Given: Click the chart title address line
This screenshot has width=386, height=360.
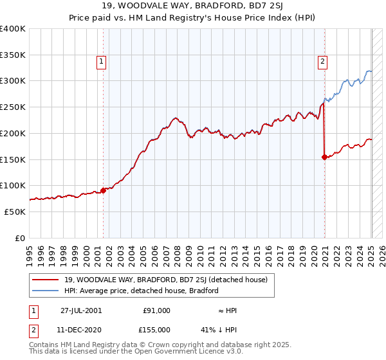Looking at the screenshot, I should [192, 7].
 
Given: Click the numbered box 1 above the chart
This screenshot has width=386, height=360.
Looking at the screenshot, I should [102, 62].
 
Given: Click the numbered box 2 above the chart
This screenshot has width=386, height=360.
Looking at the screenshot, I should [322, 62].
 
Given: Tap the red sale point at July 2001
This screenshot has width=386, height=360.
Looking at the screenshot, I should [103, 190].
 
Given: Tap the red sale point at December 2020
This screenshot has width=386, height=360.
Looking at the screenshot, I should [324, 157].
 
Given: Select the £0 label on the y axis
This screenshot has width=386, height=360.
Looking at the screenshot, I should [20, 238].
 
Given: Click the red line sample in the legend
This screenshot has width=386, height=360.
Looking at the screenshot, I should [46, 280].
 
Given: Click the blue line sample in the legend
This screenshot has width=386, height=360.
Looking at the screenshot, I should [46, 291].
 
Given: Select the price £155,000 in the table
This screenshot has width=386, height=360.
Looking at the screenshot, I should [156, 330].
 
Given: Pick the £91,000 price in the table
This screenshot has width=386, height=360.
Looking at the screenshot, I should [156, 310].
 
